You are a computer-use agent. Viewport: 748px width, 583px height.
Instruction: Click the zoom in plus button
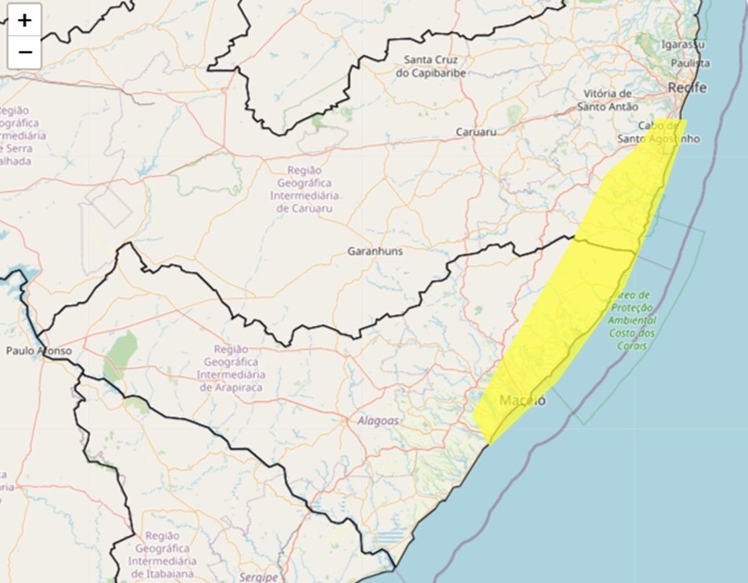click(x=24, y=21)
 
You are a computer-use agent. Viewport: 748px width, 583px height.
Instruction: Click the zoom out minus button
click(x=24, y=52)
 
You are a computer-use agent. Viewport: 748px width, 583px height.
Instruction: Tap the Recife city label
click(x=687, y=88)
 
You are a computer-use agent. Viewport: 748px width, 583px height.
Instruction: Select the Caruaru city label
click(x=476, y=132)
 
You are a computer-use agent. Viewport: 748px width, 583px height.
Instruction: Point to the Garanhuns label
click(x=375, y=251)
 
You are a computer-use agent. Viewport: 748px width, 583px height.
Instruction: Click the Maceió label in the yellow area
click(x=522, y=400)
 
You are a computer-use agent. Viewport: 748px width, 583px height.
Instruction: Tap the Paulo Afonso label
click(x=39, y=351)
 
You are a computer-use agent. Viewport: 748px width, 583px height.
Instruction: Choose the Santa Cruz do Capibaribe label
click(x=431, y=66)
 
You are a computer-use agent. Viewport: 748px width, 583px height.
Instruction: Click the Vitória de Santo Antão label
click(x=608, y=100)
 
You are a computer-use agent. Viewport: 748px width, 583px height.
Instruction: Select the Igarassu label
click(x=683, y=45)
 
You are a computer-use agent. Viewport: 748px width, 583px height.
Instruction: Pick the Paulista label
click(x=690, y=63)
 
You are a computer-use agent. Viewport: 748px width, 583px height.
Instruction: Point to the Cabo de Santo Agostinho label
click(x=659, y=132)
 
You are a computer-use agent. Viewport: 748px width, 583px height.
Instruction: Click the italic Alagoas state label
click(x=378, y=421)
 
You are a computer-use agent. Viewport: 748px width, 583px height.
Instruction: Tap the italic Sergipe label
click(x=258, y=577)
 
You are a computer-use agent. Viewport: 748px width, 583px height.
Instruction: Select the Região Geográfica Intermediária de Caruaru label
click(x=304, y=189)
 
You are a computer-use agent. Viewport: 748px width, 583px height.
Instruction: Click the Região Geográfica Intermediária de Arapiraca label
click(x=231, y=369)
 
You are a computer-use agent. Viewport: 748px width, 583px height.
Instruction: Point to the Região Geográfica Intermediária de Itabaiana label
click(x=162, y=554)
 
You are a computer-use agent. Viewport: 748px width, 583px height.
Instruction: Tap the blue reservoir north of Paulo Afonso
click(x=16, y=275)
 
